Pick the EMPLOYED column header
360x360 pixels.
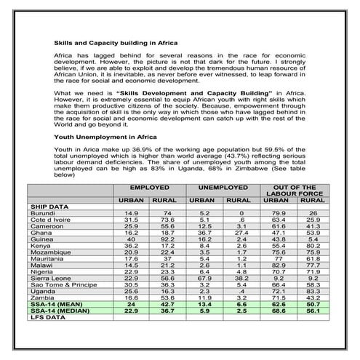tap(150, 188)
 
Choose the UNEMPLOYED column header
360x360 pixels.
tap(220, 188)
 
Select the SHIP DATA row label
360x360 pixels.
tap(50, 206)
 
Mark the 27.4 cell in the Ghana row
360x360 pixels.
tap(238, 232)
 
